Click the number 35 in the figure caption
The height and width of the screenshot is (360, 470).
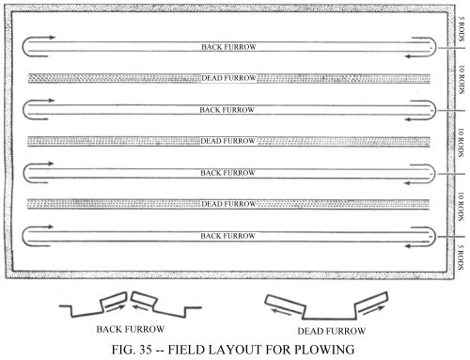[x=145, y=350]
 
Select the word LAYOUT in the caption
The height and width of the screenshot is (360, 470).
[x=238, y=350]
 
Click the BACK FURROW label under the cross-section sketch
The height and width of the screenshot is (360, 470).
[x=131, y=329]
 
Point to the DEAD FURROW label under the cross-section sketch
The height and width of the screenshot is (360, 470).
[x=332, y=331]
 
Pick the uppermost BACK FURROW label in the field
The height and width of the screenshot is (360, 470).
[x=228, y=47]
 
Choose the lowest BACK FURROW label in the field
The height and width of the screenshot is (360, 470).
[x=227, y=236]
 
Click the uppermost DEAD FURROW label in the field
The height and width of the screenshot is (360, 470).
[x=228, y=78]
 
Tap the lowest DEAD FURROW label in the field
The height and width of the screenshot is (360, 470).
[x=228, y=204]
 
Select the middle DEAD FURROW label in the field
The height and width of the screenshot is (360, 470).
[x=227, y=141]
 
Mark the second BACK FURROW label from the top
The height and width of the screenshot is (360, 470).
[x=227, y=110]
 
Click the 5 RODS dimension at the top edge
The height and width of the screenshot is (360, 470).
[x=461, y=29]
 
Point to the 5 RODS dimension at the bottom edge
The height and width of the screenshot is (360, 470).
[x=461, y=258]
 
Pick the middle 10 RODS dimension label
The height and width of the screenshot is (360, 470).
[x=461, y=143]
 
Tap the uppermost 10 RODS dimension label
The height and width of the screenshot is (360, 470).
[x=462, y=80]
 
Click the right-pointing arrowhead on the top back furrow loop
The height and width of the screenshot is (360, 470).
[x=53, y=38]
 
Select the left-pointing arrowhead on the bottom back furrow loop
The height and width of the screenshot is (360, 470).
[x=408, y=246]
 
